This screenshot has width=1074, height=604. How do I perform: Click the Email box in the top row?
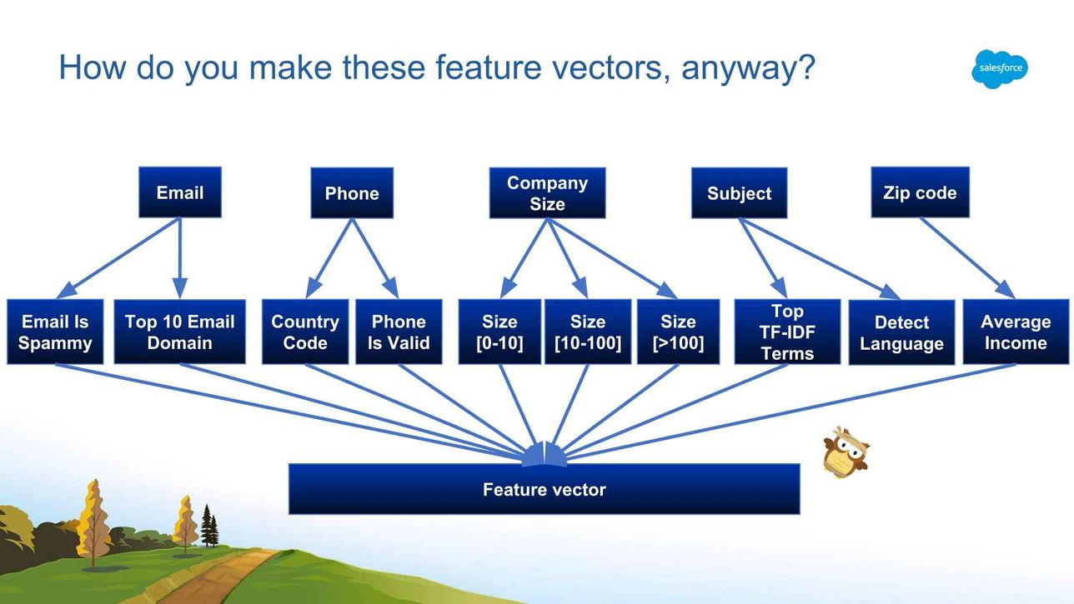pos(180,192)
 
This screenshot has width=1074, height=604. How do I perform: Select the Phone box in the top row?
pos(352,192)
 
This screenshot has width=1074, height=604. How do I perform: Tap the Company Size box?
pos(547,192)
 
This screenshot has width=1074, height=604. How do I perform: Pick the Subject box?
pos(739,192)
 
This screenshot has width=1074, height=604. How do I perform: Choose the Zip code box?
pos(920,192)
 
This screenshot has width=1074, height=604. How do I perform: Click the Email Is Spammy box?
pos(55,332)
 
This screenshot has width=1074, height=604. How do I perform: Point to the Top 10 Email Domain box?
pos(180,332)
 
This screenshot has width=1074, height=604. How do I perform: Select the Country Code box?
pos(305,332)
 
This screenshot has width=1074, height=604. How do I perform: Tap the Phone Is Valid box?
pos(399,332)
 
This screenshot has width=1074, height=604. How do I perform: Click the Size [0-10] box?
pos(499,332)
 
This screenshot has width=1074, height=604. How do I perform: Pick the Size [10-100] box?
pos(588,332)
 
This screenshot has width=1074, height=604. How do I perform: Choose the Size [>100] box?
pos(678,332)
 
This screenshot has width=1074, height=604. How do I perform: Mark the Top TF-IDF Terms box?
pos(787,332)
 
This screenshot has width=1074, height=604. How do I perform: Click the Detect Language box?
pos(901,332)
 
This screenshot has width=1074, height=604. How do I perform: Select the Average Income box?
pos(1016,332)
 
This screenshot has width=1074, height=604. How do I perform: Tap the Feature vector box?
pos(545,489)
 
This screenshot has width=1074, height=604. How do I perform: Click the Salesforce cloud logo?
pos(1000,69)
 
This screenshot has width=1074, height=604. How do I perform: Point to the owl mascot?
pos(846,452)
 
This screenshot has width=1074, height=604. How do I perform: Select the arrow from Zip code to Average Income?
pos(967,258)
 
